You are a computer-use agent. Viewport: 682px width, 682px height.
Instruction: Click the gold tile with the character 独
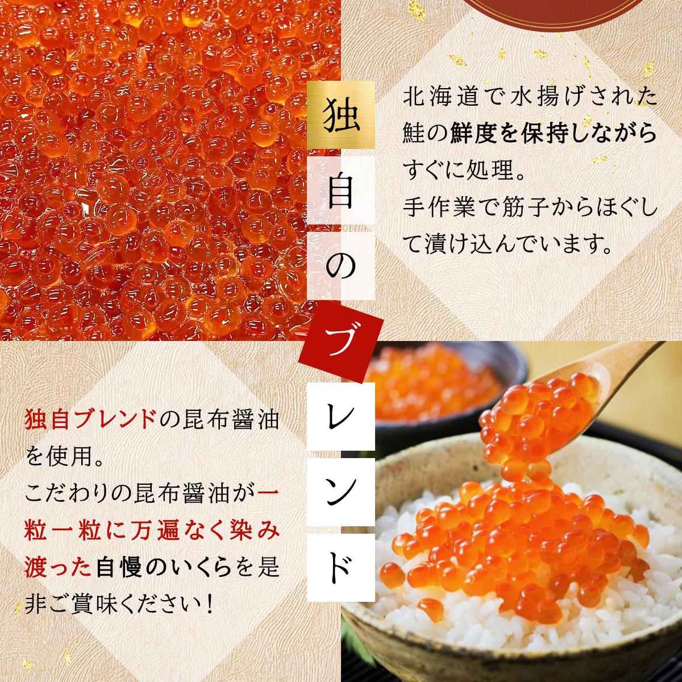tap(341, 114)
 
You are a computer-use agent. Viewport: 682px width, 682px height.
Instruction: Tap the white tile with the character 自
tap(341, 190)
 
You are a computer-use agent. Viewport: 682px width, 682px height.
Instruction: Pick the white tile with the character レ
tap(341, 417)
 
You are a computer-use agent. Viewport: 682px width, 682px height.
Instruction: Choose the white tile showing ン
tap(341, 492)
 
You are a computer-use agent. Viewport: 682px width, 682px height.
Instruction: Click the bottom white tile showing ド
tap(341, 568)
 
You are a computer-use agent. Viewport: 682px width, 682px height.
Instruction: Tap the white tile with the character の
tap(341, 266)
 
